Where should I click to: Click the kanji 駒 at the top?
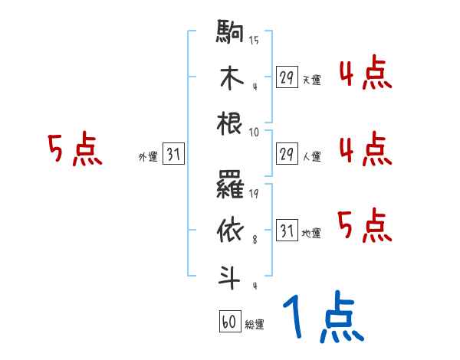(x=230, y=35)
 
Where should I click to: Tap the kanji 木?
(x=230, y=79)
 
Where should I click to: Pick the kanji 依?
(x=230, y=231)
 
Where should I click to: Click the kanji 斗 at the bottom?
(x=230, y=274)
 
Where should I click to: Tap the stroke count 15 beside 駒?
(x=254, y=41)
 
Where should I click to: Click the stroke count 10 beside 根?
(x=254, y=132)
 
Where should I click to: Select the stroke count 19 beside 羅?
(x=254, y=194)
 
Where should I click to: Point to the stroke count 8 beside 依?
(x=255, y=239)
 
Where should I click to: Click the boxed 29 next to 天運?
(x=287, y=77)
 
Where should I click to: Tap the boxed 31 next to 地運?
(x=287, y=231)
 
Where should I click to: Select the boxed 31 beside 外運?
(x=173, y=155)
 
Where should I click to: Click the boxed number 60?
(x=228, y=322)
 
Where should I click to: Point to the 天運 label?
(x=311, y=80)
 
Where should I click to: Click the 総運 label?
(x=254, y=325)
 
